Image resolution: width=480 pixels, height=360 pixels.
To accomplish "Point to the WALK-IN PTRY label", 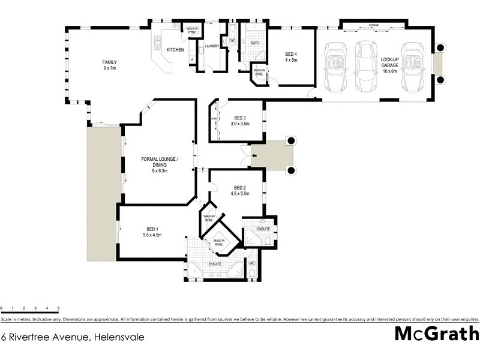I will pos(192,30).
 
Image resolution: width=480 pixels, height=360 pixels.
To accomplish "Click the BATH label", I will pos(255,43).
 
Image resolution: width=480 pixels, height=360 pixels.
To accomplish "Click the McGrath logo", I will pos(436,334).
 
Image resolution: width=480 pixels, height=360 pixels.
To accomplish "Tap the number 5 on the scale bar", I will pos(58,308).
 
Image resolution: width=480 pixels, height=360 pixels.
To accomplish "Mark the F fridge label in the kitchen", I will pos(191,59).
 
